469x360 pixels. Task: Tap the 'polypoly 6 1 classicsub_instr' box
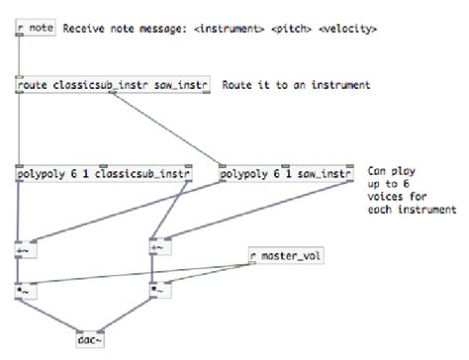(104, 175)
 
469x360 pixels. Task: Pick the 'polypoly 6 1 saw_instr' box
(286, 175)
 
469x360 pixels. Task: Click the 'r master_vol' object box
(284, 257)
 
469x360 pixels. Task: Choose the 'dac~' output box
(90, 340)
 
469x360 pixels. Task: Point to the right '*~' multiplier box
(158, 292)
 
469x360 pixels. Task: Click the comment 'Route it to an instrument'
(296, 86)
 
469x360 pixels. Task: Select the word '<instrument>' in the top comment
(228, 29)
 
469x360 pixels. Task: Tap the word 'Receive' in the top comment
(84, 29)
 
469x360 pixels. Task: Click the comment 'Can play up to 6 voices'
(412, 190)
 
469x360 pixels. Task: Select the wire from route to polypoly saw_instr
(168, 129)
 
